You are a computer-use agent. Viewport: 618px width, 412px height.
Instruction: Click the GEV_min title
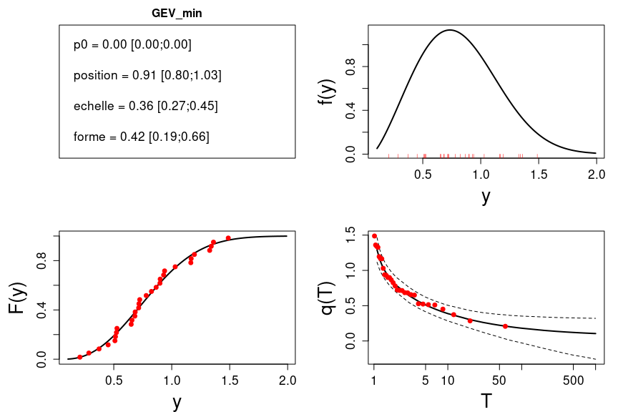point(177,14)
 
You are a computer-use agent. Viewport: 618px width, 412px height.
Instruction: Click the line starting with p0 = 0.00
point(132,44)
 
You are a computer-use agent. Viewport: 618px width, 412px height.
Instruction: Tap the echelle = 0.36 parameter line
point(145,106)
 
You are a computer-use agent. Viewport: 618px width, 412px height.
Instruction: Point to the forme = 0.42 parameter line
point(141,137)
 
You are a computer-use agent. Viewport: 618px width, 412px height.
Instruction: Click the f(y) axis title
point(328,92)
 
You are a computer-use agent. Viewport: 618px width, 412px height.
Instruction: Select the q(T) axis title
point(328,298)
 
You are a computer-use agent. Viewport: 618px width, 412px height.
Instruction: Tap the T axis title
point(486,401)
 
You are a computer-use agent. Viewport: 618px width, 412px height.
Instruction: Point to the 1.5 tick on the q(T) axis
point(350,233)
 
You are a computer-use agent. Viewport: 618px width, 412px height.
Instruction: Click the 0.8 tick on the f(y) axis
point(350,67)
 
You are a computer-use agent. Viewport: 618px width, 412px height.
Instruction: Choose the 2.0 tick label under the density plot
point(596,173)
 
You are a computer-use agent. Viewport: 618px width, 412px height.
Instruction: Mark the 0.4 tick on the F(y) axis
point(41,310)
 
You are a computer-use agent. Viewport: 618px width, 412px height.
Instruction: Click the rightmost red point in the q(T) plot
point(505,326)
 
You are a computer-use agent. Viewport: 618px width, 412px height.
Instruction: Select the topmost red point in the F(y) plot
point(228,238)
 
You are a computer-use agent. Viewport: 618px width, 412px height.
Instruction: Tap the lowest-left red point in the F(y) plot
point(79,357)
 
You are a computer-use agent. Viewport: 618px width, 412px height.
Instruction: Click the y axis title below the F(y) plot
point(177,402)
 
